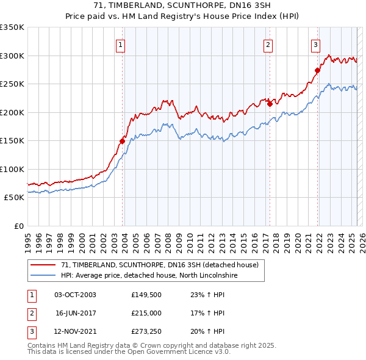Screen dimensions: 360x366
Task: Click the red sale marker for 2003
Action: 122,141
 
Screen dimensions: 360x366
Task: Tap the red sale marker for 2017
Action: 270,104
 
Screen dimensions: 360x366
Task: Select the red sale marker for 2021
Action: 317,70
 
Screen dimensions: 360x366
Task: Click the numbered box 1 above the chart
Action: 120,44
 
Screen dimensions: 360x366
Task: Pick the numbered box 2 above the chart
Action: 268,44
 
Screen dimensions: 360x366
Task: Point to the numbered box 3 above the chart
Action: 315,44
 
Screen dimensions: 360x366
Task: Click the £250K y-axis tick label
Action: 12,84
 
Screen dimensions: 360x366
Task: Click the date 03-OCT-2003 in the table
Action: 75,295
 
